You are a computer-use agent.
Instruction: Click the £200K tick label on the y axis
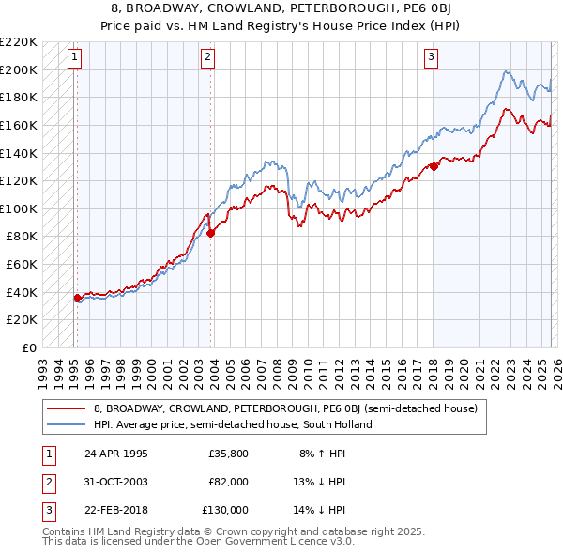20,69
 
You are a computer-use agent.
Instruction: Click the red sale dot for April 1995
78,298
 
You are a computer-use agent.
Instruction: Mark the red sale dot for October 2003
210,234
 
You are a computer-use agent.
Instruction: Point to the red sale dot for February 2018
434,167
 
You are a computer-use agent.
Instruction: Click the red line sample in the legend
66,409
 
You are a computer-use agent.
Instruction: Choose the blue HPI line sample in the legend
66,424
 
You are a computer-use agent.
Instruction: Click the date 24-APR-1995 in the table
115,454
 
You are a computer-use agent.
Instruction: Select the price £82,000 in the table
229,482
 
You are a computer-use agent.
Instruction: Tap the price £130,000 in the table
226,510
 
